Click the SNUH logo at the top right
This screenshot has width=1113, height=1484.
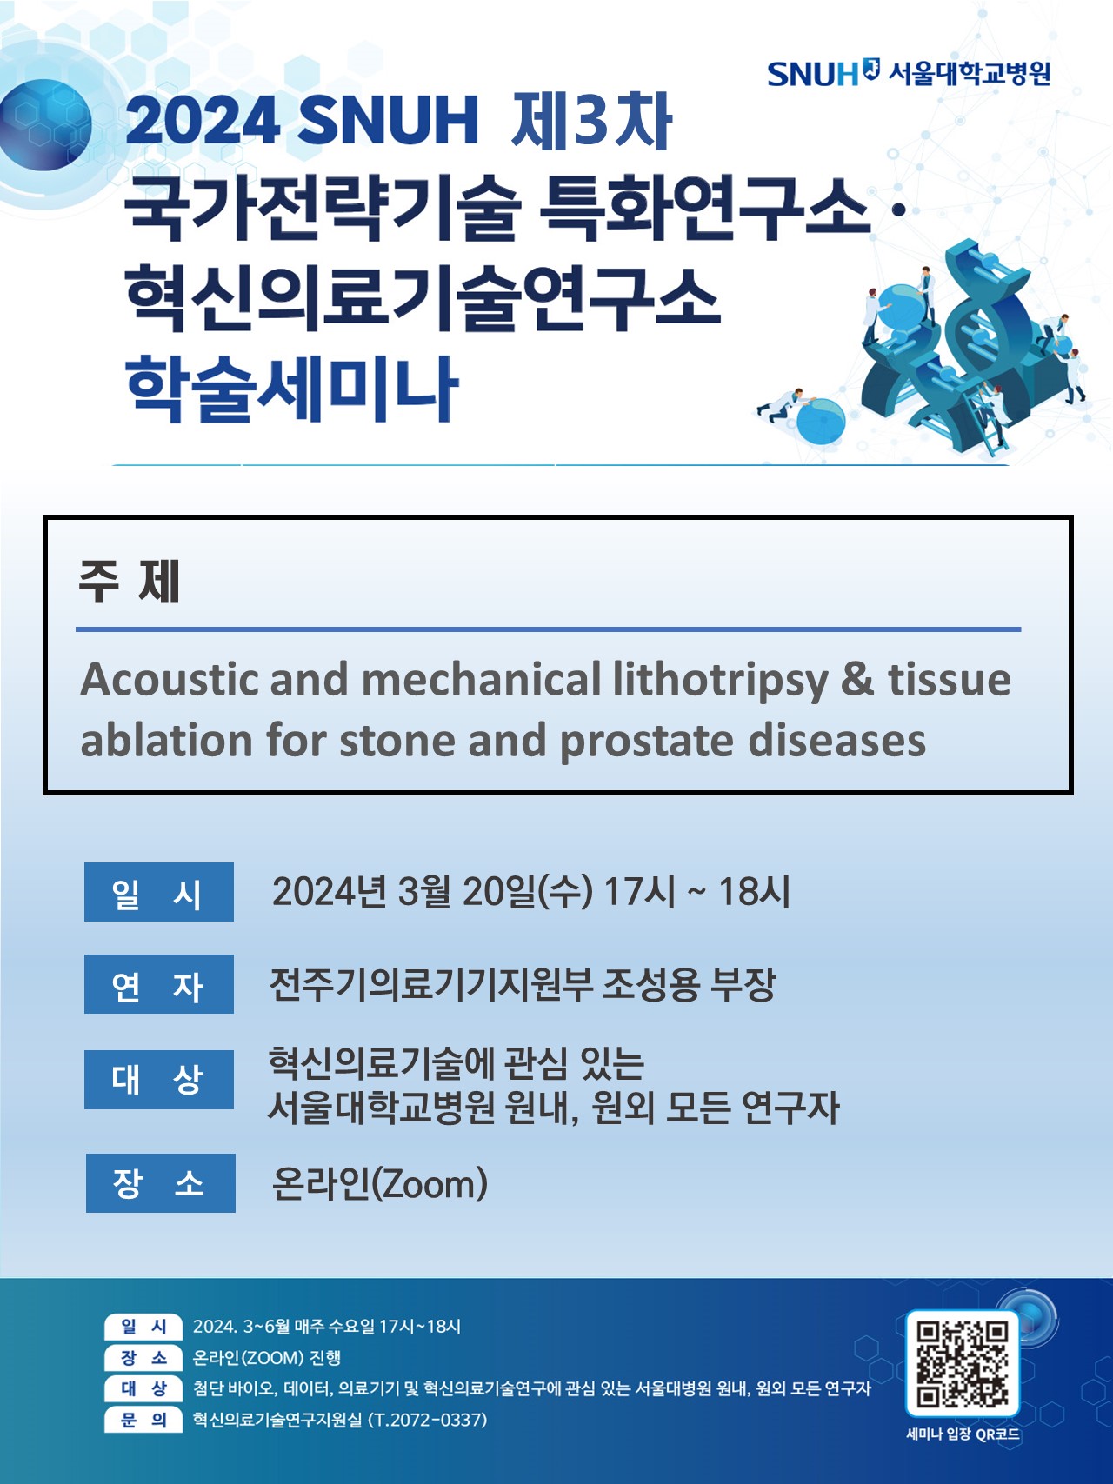point(909,73)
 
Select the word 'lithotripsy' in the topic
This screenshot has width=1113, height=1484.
point(720,680)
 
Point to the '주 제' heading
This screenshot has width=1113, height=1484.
point(129,581)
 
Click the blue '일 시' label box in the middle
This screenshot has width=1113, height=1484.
point(159,892)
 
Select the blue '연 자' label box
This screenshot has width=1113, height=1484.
point(159,984)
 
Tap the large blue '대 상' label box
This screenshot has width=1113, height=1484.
point(159,1080)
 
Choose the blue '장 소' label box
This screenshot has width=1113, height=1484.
point(161,1182)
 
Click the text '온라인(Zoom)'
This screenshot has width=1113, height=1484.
point(379,1183)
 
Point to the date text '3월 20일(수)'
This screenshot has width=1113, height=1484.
point(495,892)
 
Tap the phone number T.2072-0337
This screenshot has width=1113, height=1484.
point(428,1420)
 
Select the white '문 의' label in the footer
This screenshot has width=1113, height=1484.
point(143,1420)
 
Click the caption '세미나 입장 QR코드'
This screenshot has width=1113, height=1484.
point(963,1434)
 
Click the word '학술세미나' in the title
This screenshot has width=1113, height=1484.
point(291,389)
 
